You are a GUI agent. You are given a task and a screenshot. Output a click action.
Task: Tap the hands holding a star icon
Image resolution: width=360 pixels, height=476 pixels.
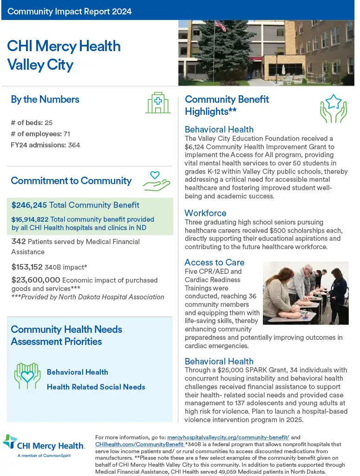coord(333,108)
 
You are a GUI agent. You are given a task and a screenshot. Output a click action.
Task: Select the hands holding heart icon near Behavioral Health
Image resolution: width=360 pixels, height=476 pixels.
coord(27,376)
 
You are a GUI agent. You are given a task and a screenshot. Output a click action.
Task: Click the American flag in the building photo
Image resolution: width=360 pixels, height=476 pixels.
coord(220,26)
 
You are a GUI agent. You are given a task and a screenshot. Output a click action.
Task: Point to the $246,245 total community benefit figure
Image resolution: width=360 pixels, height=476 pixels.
coord(29,205)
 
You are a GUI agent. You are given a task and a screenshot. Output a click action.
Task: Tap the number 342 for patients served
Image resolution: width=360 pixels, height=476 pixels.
coord(18,242)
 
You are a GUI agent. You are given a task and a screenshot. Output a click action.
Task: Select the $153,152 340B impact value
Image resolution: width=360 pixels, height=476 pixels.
coord(27,267)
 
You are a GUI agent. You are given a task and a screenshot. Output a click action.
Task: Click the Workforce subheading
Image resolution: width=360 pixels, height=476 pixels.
coord(205,213)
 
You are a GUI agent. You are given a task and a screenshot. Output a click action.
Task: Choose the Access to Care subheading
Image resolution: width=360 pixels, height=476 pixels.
coord(214,262)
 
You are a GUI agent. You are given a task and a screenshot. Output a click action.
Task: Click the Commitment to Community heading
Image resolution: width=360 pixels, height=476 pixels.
coord(71,181)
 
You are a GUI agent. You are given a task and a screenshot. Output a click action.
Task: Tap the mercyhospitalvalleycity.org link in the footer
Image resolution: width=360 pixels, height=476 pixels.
coord(228,437)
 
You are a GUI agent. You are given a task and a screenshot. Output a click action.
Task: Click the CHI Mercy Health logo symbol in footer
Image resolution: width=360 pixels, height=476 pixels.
coord(10,442)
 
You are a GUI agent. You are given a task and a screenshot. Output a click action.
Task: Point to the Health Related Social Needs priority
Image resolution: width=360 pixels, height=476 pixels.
coord(96,387)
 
